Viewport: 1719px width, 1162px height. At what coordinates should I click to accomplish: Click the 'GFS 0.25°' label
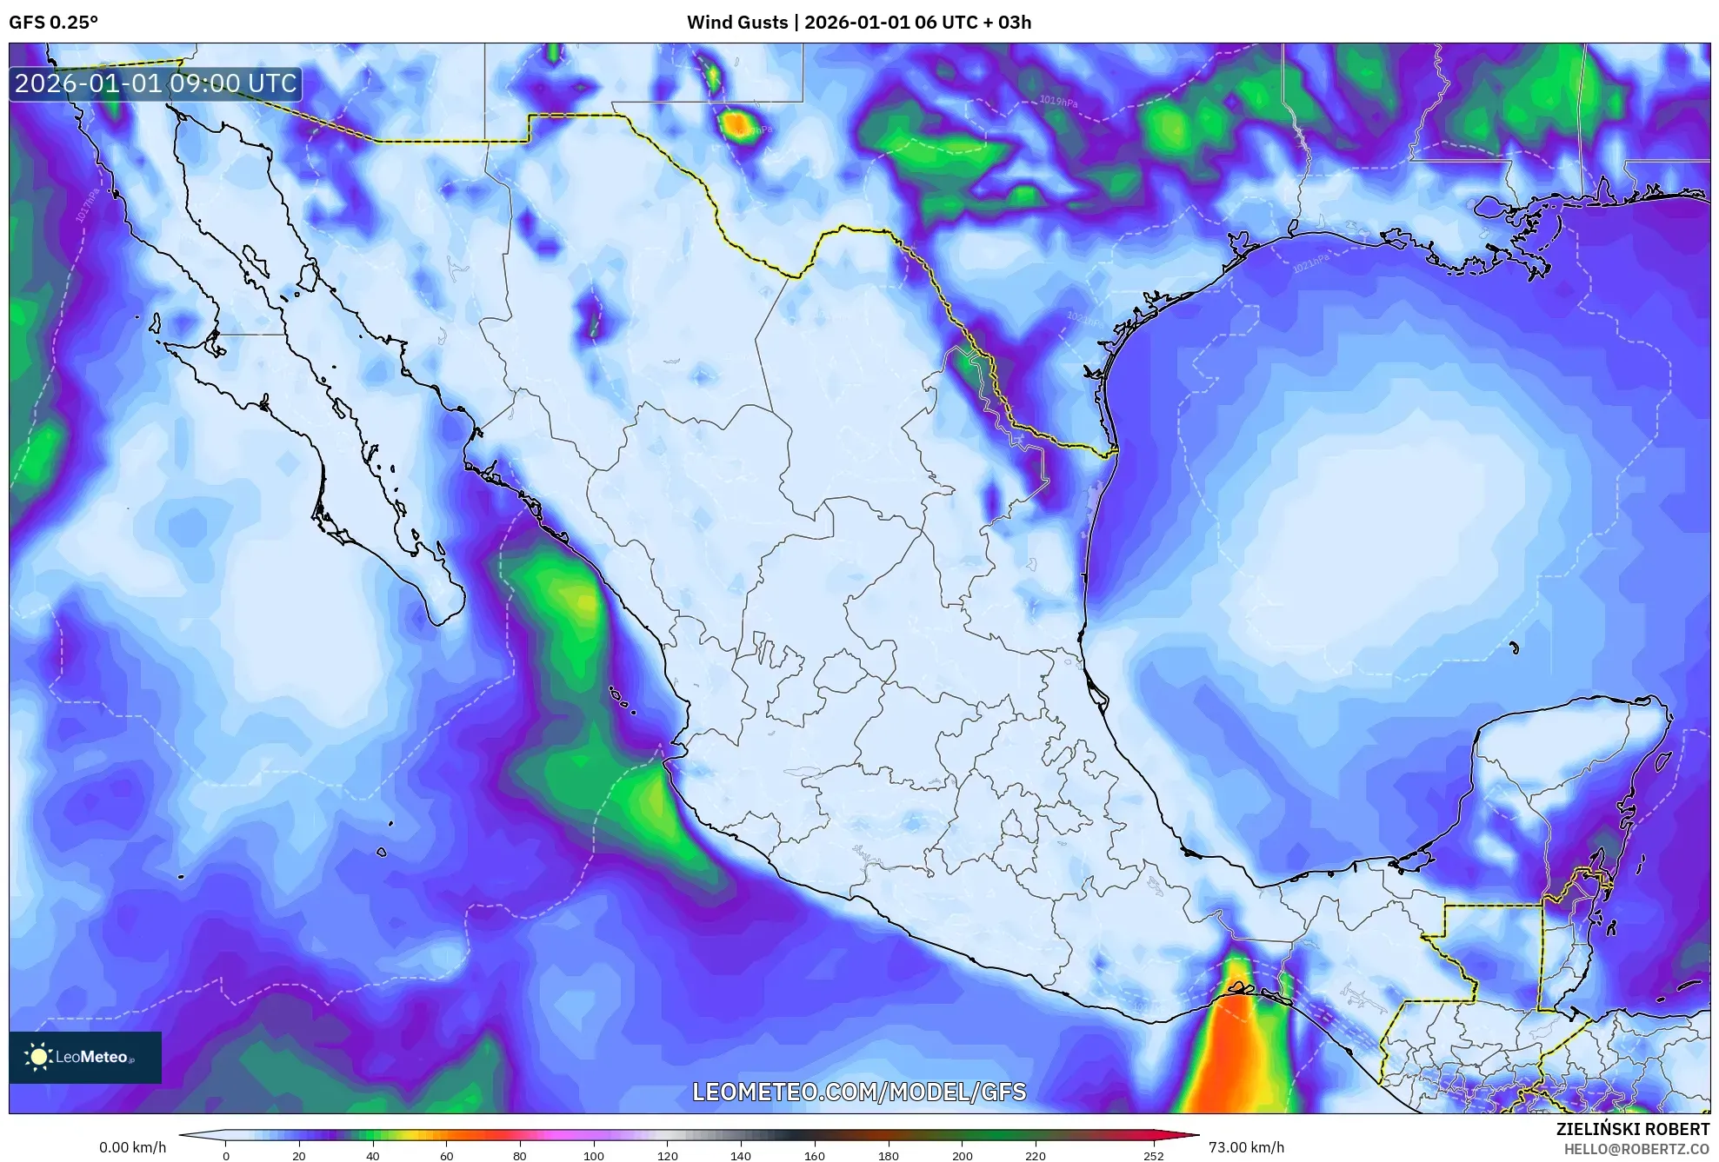(54, 23)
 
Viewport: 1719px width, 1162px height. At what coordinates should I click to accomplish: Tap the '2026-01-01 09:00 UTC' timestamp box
(156, 84)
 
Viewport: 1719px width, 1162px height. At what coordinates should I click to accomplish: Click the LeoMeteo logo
(85, 1057)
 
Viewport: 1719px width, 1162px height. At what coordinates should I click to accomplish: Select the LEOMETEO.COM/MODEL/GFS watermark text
(859, 1092)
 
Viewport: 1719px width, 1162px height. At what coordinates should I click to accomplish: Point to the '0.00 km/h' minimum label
(132, 1147)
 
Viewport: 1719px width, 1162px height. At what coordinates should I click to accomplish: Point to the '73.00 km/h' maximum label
(1246, 1147)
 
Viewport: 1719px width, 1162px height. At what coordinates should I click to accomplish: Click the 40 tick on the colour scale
(372, 1156)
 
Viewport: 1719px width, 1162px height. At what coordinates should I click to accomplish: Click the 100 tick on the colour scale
(594, 1156)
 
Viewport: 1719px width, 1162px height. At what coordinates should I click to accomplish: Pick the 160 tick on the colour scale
(815, 1156)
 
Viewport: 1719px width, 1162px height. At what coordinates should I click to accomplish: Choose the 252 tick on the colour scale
(1153, 1156)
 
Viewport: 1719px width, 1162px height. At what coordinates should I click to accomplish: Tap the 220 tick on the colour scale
(1036, 1156)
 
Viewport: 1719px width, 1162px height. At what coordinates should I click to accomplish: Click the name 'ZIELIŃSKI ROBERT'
(1632, 1129)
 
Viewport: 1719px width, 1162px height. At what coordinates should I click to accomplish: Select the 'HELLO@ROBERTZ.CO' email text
(1636, 1149)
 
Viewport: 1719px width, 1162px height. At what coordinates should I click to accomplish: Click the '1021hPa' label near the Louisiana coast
(1310, 262)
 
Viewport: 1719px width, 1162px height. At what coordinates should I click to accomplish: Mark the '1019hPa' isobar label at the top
(1058, 102)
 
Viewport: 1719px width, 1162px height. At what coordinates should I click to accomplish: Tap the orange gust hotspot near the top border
(737, 125)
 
